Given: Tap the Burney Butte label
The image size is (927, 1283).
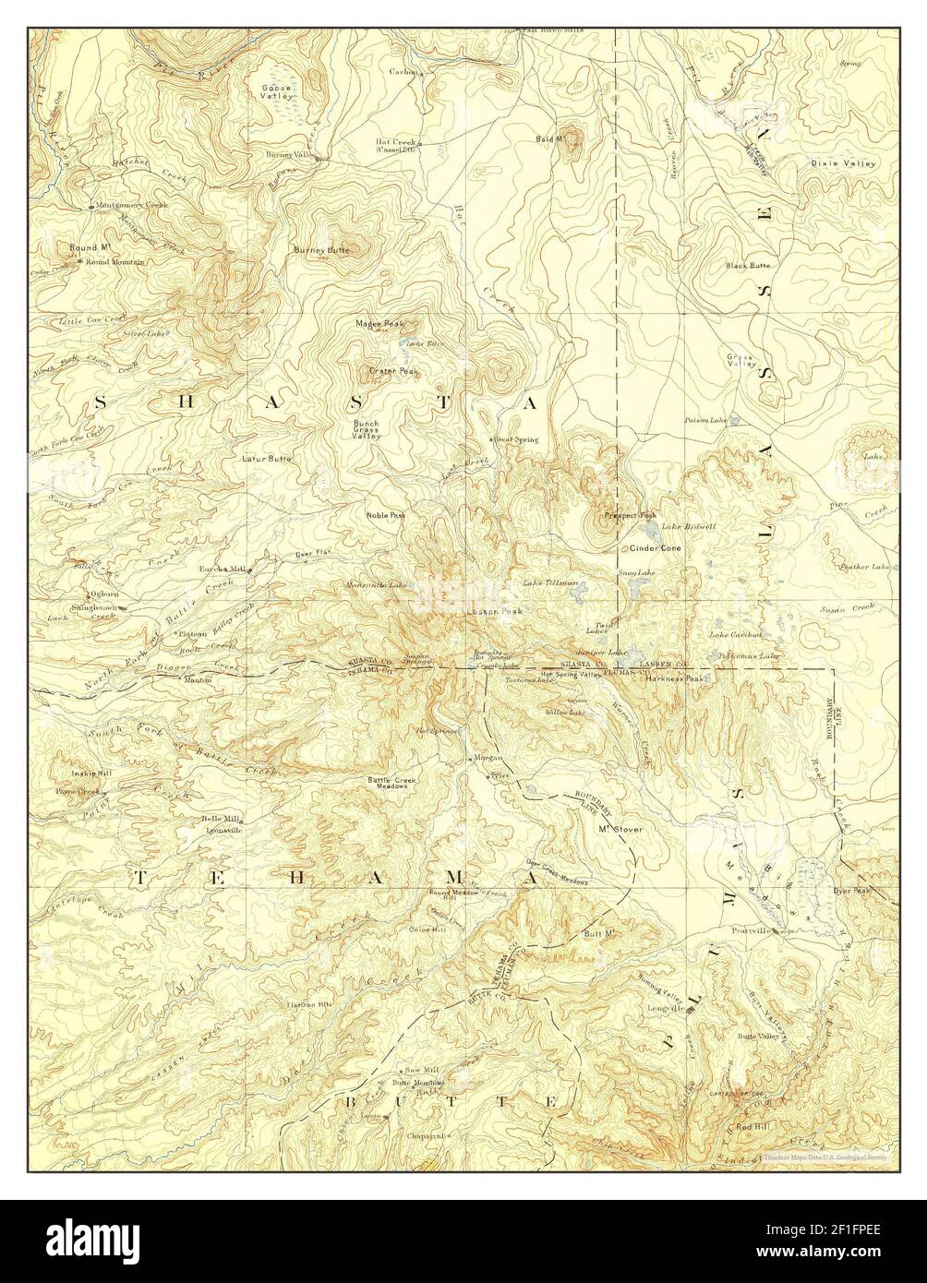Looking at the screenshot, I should [x=322, y=250].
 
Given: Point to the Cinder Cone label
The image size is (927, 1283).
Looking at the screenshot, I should [x=655, y=548].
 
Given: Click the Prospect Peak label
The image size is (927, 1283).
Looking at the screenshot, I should [x=630, y=514].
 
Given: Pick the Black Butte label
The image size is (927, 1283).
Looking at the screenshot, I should [x=747, y=265].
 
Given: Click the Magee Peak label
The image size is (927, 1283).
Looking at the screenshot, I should [x=380, y=324].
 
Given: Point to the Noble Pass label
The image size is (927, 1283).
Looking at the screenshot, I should [x=385, y=515].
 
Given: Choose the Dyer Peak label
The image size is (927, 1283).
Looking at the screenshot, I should [x=850, y=891].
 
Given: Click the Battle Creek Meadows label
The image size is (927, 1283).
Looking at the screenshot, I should [x=392, y=781].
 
